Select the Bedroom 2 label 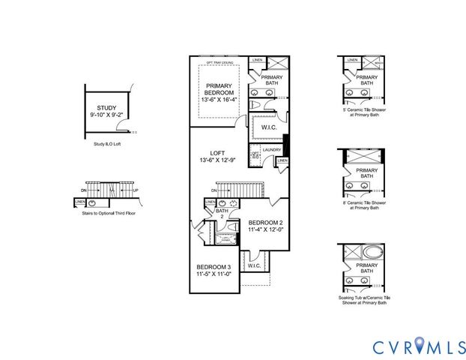(265, 223)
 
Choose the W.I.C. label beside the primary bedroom (268, 127)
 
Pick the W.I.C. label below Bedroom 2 (253, 265)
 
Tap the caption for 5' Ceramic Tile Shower (366, 112)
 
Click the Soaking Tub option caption (366, 300)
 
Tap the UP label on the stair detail (135, 190)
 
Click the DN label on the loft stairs (214, 190)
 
